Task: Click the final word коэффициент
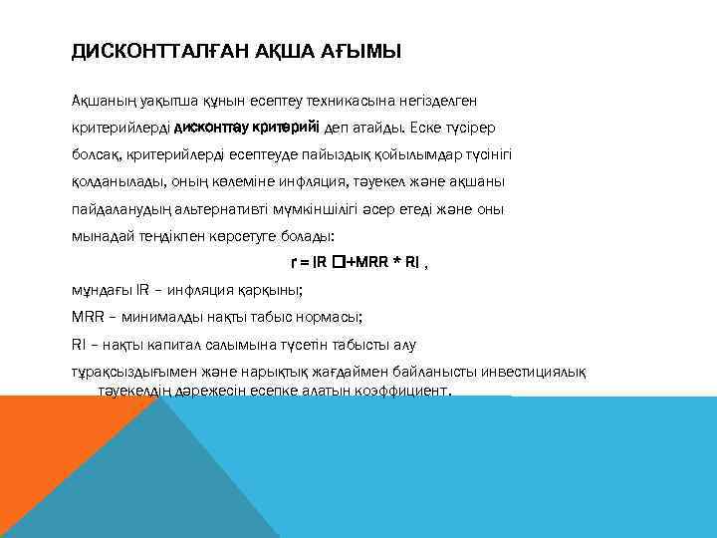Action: [x=397, y=392]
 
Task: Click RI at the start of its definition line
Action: [x=79, y=346]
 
